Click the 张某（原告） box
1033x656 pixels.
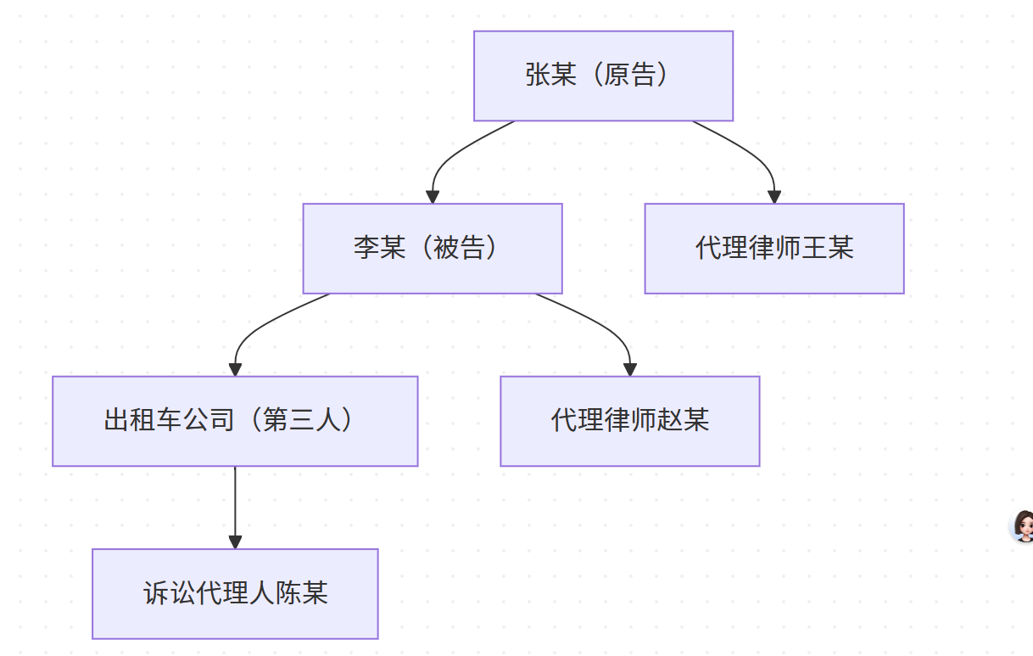point(603,76)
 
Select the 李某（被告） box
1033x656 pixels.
point(433,249)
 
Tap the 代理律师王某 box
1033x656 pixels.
point(774,249)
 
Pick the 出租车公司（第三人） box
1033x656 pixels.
point(235,421)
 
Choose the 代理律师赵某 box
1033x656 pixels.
point(629,421)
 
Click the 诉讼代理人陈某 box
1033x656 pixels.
point(235,593)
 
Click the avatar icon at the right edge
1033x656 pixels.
point(1022,526)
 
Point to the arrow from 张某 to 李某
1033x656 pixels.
point(449,154)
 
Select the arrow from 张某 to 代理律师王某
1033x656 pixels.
point(751,154)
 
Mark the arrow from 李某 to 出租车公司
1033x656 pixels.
point(254,326)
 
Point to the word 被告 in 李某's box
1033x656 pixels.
point(459,248)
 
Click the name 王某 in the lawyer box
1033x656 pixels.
point(828,248)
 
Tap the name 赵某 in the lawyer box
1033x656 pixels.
point(684,420)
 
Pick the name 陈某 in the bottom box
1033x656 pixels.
point(302,592)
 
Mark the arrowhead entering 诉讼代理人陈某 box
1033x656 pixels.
point(235,542)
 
